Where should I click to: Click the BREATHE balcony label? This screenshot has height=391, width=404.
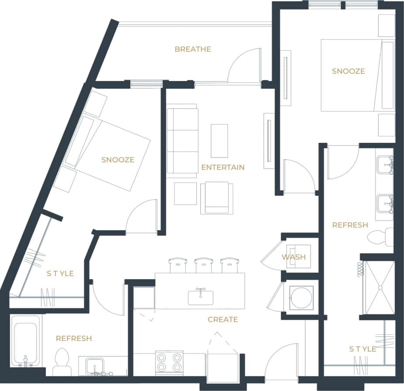(192, 49)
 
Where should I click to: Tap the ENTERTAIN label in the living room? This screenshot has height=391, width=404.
(223, 167)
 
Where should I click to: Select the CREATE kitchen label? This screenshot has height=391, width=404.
(223, 320)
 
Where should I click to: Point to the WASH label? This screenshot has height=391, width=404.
(294, 257)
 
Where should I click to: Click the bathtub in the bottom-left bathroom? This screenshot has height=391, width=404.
(26, 341)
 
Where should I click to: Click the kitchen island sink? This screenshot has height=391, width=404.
(201, 297)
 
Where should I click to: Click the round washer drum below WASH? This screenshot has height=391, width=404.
(301, 298)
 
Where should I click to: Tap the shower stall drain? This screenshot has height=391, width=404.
(380, 287)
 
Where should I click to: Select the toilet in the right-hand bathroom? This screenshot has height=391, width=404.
(380, 237)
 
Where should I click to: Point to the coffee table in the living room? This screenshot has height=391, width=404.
(219, 141)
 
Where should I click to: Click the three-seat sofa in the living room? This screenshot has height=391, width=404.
(182, 140)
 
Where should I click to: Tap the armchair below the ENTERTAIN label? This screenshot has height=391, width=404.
(217, 198)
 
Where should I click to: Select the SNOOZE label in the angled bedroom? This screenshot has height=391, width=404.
(117, 160)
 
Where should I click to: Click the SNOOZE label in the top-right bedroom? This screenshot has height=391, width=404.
(348, 71)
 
